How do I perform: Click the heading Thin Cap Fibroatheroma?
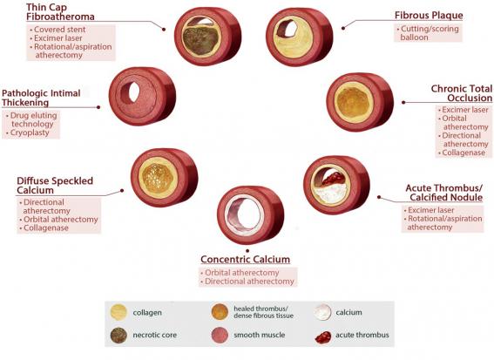pyautogui.click(x=60, y=11)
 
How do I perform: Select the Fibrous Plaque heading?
pyautogui.click(x=429, y=15)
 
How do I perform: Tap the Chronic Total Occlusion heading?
pyautogui.click(x=462, y=93)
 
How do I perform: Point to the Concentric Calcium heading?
pyautogui.click(x=245, y=259)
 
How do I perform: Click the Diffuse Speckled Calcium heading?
pyautogui.click(x=55, y=186)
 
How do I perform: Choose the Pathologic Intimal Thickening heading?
pyautogui.click(x=41, y=98)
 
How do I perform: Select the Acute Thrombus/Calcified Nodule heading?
pyautogui.click(x=444, y=193)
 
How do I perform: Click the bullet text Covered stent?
pyautogui.click(x=59, y=30)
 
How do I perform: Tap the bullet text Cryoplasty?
pyautogui.click(x=30, y=132)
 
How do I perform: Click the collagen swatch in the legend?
pyautogui.click(x=118, y=312)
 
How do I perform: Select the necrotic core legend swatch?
pyautogui.click(x=118, y=335)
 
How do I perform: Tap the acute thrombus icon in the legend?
pyautogui.click(x=323, y=337)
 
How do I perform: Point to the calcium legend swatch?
pyautogui.click(x=322, y=312)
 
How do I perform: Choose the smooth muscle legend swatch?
pyautogui.click(x=220, y=335)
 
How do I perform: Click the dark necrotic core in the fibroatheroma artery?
pyautogui.click(x=200, y=40)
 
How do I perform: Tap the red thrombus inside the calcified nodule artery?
pyautogui.click(x=334, y=179)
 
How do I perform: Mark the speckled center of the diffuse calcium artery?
pyautogui.click(x=158, y=178)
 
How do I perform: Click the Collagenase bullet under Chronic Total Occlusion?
pyautogui.click(x=464, y=153)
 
